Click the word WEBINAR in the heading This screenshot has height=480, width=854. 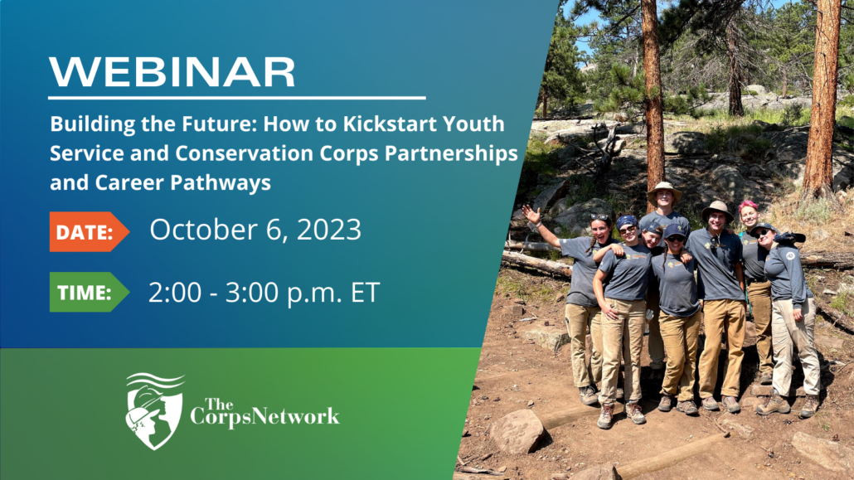point(172,72)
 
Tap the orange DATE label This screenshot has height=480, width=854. point(89,231)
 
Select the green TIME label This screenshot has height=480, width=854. point(89,292)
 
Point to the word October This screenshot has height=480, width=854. point(203,230)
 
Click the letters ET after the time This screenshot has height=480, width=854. point(365,293)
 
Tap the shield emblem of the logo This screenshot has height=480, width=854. point(155,411)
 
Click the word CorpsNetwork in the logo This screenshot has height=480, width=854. point(264,417)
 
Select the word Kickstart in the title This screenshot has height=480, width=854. point(390,124)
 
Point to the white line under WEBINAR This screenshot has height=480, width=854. point(237,98)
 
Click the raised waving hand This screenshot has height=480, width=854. point(531,214)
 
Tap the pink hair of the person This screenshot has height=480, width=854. point(748,206)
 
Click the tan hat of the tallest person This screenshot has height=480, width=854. point(664,190)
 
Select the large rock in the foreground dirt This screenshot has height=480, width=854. point(516,432)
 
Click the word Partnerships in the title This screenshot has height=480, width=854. point(451,153)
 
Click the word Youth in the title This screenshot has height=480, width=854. point(473,124)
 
